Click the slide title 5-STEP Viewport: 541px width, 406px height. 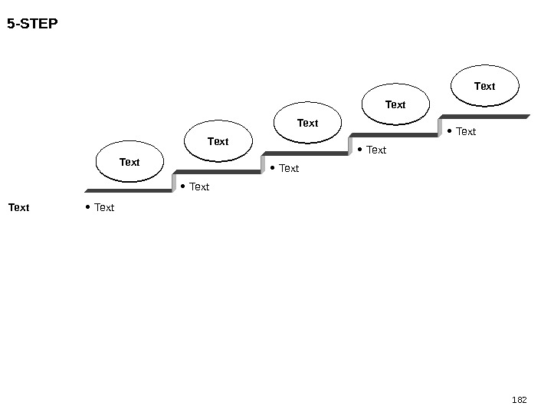point(32,24)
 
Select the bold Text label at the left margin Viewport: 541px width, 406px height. point(19,207)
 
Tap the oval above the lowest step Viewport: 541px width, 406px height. point(130,162)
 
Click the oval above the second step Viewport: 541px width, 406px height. point(218,141)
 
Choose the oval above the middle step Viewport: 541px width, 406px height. point(307,123)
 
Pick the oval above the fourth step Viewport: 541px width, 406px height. point(395,104)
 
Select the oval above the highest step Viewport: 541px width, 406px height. point(484,86)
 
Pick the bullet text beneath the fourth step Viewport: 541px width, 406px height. point(376,150)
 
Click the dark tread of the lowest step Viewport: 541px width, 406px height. point(129,190)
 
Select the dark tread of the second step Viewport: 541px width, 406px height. point(218,172)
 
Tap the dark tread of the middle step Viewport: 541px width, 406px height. point(307,153)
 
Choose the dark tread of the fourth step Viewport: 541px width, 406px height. point(395,135)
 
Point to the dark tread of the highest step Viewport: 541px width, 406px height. point(485,117)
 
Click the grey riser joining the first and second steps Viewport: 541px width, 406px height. point(175,182)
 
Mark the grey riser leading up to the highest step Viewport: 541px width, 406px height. point(441,127)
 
